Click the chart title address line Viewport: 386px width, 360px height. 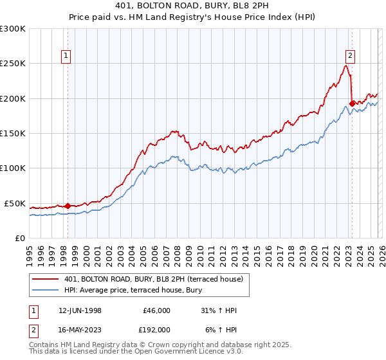tap(192, 6)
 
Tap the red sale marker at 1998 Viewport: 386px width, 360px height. tap(68, 206)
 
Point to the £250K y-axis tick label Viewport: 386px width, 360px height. tap(13, 64)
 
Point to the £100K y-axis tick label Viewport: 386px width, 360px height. tap(13, 168)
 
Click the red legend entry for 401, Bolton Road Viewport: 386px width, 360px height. tap(153, 279)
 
